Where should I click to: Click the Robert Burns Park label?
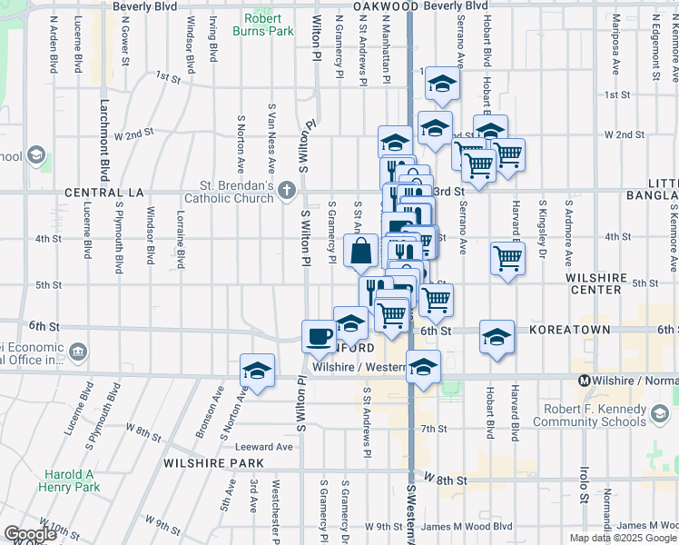coord(269,24)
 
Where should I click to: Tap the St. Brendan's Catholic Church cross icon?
coord(287,190)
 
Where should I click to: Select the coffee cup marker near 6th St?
coord(319,336)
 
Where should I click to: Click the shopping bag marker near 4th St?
coord(360,250)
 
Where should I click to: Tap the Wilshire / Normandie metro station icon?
coord(586,380)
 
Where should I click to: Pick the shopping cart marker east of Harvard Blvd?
coord(507,257)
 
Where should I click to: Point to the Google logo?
coord(30,534)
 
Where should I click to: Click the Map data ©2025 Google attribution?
coord(622,538)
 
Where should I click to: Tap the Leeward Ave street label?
coord(264,447)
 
